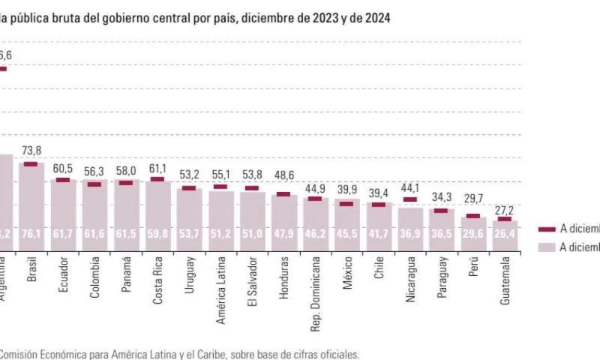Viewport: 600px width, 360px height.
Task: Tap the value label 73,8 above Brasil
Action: click(x=31, y=150)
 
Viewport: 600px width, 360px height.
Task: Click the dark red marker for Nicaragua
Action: click(x=410, y=199)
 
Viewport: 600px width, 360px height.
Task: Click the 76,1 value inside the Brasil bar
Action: click(x=31, y=234)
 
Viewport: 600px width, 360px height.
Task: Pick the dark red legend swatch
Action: click(x=547, y=229)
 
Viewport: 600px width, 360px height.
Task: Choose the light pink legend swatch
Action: click(x=547, y=247)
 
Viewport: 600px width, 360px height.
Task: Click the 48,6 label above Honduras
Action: click(x=284, y=181)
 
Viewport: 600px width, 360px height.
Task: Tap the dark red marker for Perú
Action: click(x=473, y=216)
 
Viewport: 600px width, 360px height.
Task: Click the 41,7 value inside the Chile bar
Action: click(x=379, y=234)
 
